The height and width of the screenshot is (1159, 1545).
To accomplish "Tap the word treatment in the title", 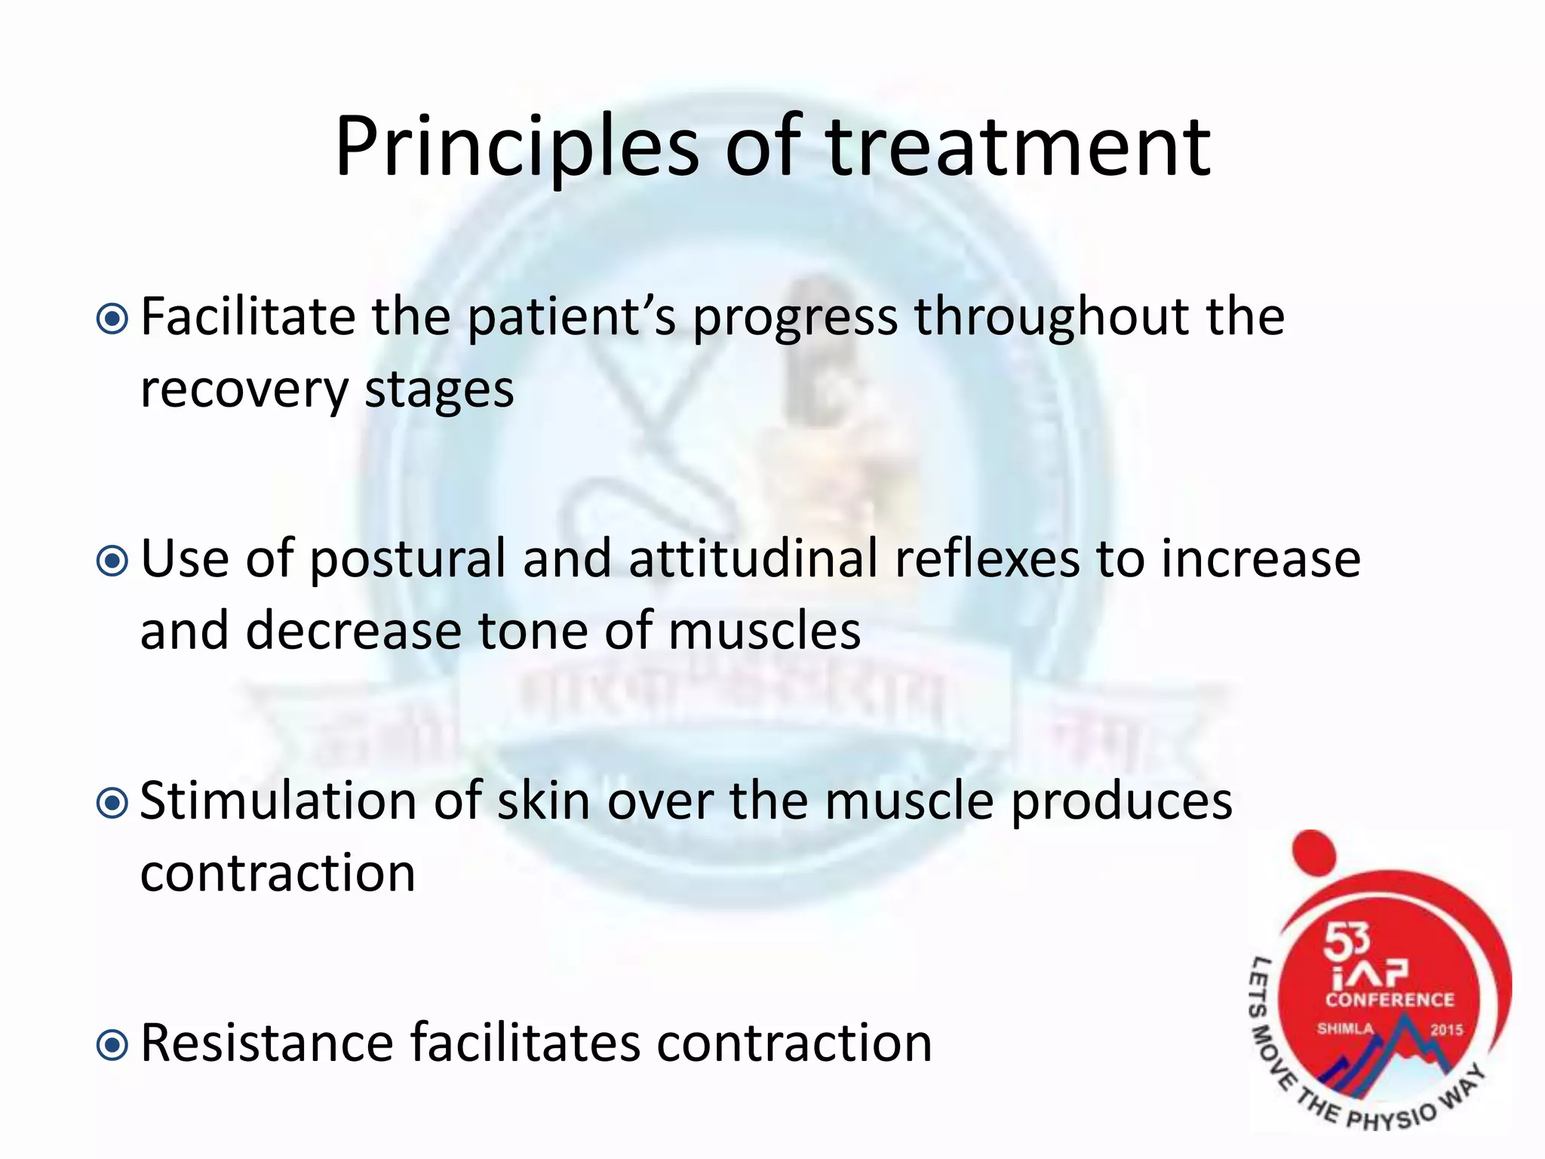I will click(1018, 147).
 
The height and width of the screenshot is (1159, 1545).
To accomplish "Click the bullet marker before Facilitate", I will click(113, 319).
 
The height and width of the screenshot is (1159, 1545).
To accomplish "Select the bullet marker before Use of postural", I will click(113, 561).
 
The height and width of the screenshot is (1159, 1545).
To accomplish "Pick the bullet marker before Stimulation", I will click(113, 804).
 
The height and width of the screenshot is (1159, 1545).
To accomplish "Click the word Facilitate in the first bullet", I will click(247, 317).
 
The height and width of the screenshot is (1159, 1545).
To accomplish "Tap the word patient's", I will click(572, 318).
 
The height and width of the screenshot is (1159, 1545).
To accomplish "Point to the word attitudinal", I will click(753, 559).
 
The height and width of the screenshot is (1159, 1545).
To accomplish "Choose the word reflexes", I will click(987, 559).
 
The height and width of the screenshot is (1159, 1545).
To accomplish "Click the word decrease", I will click(353, 632).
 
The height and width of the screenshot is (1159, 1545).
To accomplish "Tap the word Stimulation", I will click(278, 801).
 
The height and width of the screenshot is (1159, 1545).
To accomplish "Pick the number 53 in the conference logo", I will click(1347, 941).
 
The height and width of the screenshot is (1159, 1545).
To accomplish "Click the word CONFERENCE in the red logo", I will click(1390, 1000).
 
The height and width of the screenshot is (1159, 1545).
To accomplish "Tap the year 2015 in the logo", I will click(1446, 1030).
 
